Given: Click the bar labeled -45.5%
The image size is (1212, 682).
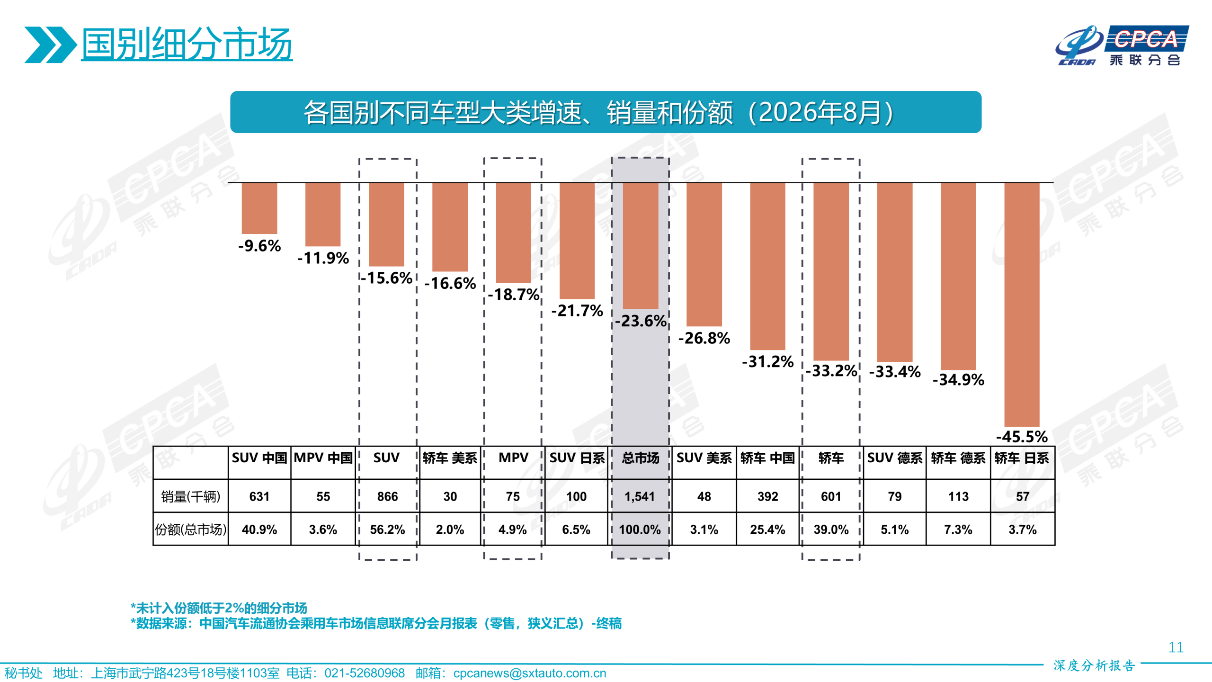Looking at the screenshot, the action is click(x=1022, y=305).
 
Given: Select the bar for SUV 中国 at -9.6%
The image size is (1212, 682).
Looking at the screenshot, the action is click(x=259, y=208).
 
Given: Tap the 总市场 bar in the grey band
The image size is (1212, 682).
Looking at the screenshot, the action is click(x=641, y=246).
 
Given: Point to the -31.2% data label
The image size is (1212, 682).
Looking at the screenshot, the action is click(x=767, y=362).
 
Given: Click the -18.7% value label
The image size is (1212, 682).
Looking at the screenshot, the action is click(x=514, y=295).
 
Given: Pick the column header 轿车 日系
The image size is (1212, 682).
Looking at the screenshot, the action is click(x=1022, y=458).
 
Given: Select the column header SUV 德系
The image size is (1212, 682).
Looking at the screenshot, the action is click(x=894, y=458).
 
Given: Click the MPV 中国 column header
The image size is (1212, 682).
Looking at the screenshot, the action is click(x=323, y=458).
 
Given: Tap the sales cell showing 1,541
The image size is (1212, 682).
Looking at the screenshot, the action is click(x=640, y=496).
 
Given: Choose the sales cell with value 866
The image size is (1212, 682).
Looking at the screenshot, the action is click(x=387, y=496).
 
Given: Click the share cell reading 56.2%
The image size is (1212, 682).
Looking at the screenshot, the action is click(x=387, y=529).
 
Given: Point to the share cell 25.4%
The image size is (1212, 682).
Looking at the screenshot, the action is click(x=767, y=529).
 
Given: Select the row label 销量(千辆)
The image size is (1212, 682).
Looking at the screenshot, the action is click(x=191, y=496).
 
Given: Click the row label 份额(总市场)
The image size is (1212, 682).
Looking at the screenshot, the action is click(x=191, y=529).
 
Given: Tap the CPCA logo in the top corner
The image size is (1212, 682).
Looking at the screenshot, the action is click(x=1122, y=45).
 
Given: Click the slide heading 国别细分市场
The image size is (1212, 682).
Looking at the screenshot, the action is click(x=187, y=44).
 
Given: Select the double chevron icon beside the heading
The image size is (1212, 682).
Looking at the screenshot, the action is click(x=51, y=45).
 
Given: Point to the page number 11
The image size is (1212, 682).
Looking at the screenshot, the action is click(x=1176, y=647).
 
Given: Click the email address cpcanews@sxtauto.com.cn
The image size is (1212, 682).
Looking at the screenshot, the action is click(x=530, y=673).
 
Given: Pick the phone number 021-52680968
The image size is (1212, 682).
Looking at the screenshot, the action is click(x=365, y=673).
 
